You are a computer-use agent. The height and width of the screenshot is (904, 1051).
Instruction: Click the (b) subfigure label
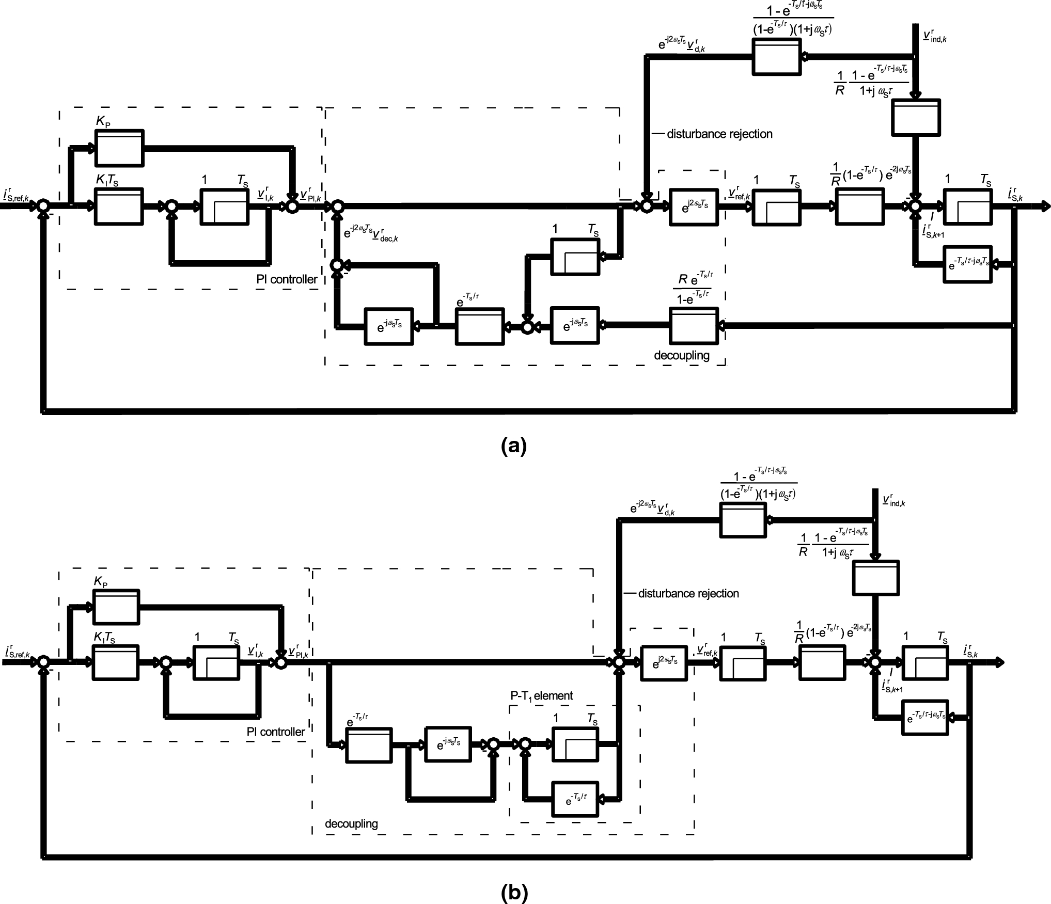[513, 892]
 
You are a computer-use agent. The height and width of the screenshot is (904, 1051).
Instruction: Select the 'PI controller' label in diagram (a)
[287, 279]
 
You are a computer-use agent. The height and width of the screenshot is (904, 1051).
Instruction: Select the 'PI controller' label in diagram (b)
[276, 732]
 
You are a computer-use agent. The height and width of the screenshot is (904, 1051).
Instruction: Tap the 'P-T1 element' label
[541, 695]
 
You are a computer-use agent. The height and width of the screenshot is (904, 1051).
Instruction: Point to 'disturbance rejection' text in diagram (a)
[719, 134]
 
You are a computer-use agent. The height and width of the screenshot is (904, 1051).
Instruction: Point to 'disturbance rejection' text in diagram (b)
[688, 594]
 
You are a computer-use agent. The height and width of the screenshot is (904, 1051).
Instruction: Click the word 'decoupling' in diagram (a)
[682, 355]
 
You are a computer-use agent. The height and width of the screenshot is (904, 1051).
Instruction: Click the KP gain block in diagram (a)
[119, 148]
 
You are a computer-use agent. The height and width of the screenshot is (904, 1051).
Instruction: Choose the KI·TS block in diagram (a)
[119, 207]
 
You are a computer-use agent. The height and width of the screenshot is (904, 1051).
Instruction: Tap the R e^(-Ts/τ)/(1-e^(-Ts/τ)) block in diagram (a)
[694, 326]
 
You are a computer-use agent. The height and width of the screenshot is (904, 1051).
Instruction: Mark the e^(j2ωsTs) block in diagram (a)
[694, 207]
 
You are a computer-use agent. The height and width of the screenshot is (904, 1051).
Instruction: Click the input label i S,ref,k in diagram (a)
[15, 196]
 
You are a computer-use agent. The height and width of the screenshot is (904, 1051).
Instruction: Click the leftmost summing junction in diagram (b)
[44, 662]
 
